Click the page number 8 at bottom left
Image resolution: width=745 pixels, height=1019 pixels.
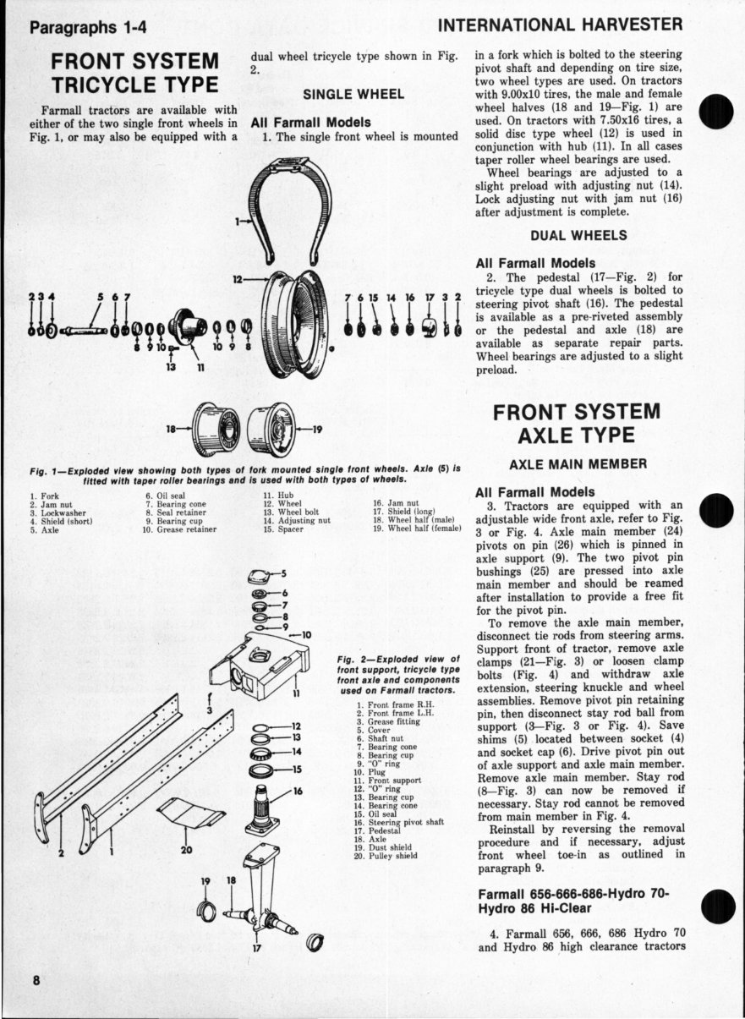point(36,980)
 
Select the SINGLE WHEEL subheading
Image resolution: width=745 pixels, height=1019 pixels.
point(353,94)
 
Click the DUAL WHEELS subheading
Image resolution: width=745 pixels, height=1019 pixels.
point(578,235)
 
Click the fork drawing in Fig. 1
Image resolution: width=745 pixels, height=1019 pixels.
point(295,203)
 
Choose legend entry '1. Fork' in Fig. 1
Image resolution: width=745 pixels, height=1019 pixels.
point(45,496)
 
